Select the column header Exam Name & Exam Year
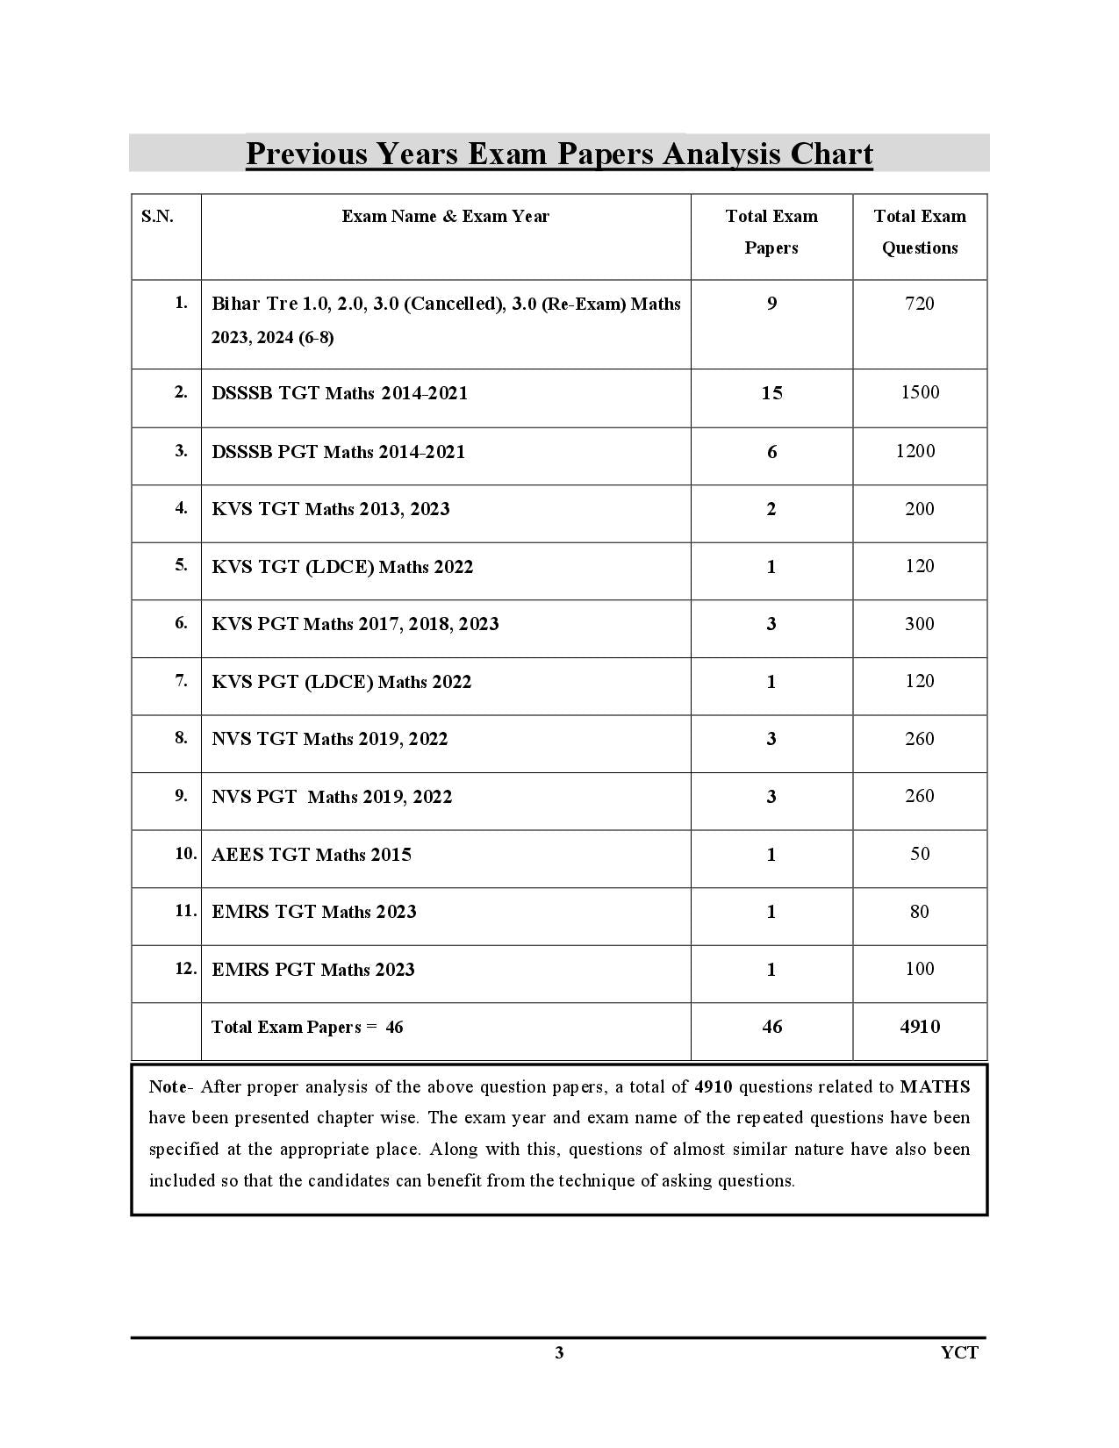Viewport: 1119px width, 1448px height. [445, 217]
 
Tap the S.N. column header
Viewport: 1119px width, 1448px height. [157, 217]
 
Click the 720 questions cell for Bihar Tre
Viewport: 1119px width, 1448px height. [919, 304]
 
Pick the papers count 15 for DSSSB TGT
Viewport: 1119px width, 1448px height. [771, 393]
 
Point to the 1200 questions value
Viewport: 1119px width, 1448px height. [915, 451]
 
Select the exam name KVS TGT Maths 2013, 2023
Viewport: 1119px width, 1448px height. [330, 509]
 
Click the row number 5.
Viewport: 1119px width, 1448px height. [181, 565]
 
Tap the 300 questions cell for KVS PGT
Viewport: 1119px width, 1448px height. [919, 624]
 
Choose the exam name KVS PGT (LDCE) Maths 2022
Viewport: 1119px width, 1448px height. [341, 682]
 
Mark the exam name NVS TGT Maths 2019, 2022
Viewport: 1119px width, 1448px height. [329, 739]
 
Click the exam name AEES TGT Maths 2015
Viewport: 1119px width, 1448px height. [311, 855]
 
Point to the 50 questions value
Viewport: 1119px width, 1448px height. [919, 854]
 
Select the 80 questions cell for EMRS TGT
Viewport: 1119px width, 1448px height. [919, 912]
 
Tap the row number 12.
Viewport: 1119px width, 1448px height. [185, 969]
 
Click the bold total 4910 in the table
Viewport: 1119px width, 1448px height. [919, 1027]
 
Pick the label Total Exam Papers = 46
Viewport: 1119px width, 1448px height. [307, 1027]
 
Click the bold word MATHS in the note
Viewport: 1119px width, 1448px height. [935, 1086]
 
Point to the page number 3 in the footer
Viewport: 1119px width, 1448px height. [559, 1352]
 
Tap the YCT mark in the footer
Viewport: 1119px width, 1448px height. [959, 1352]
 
